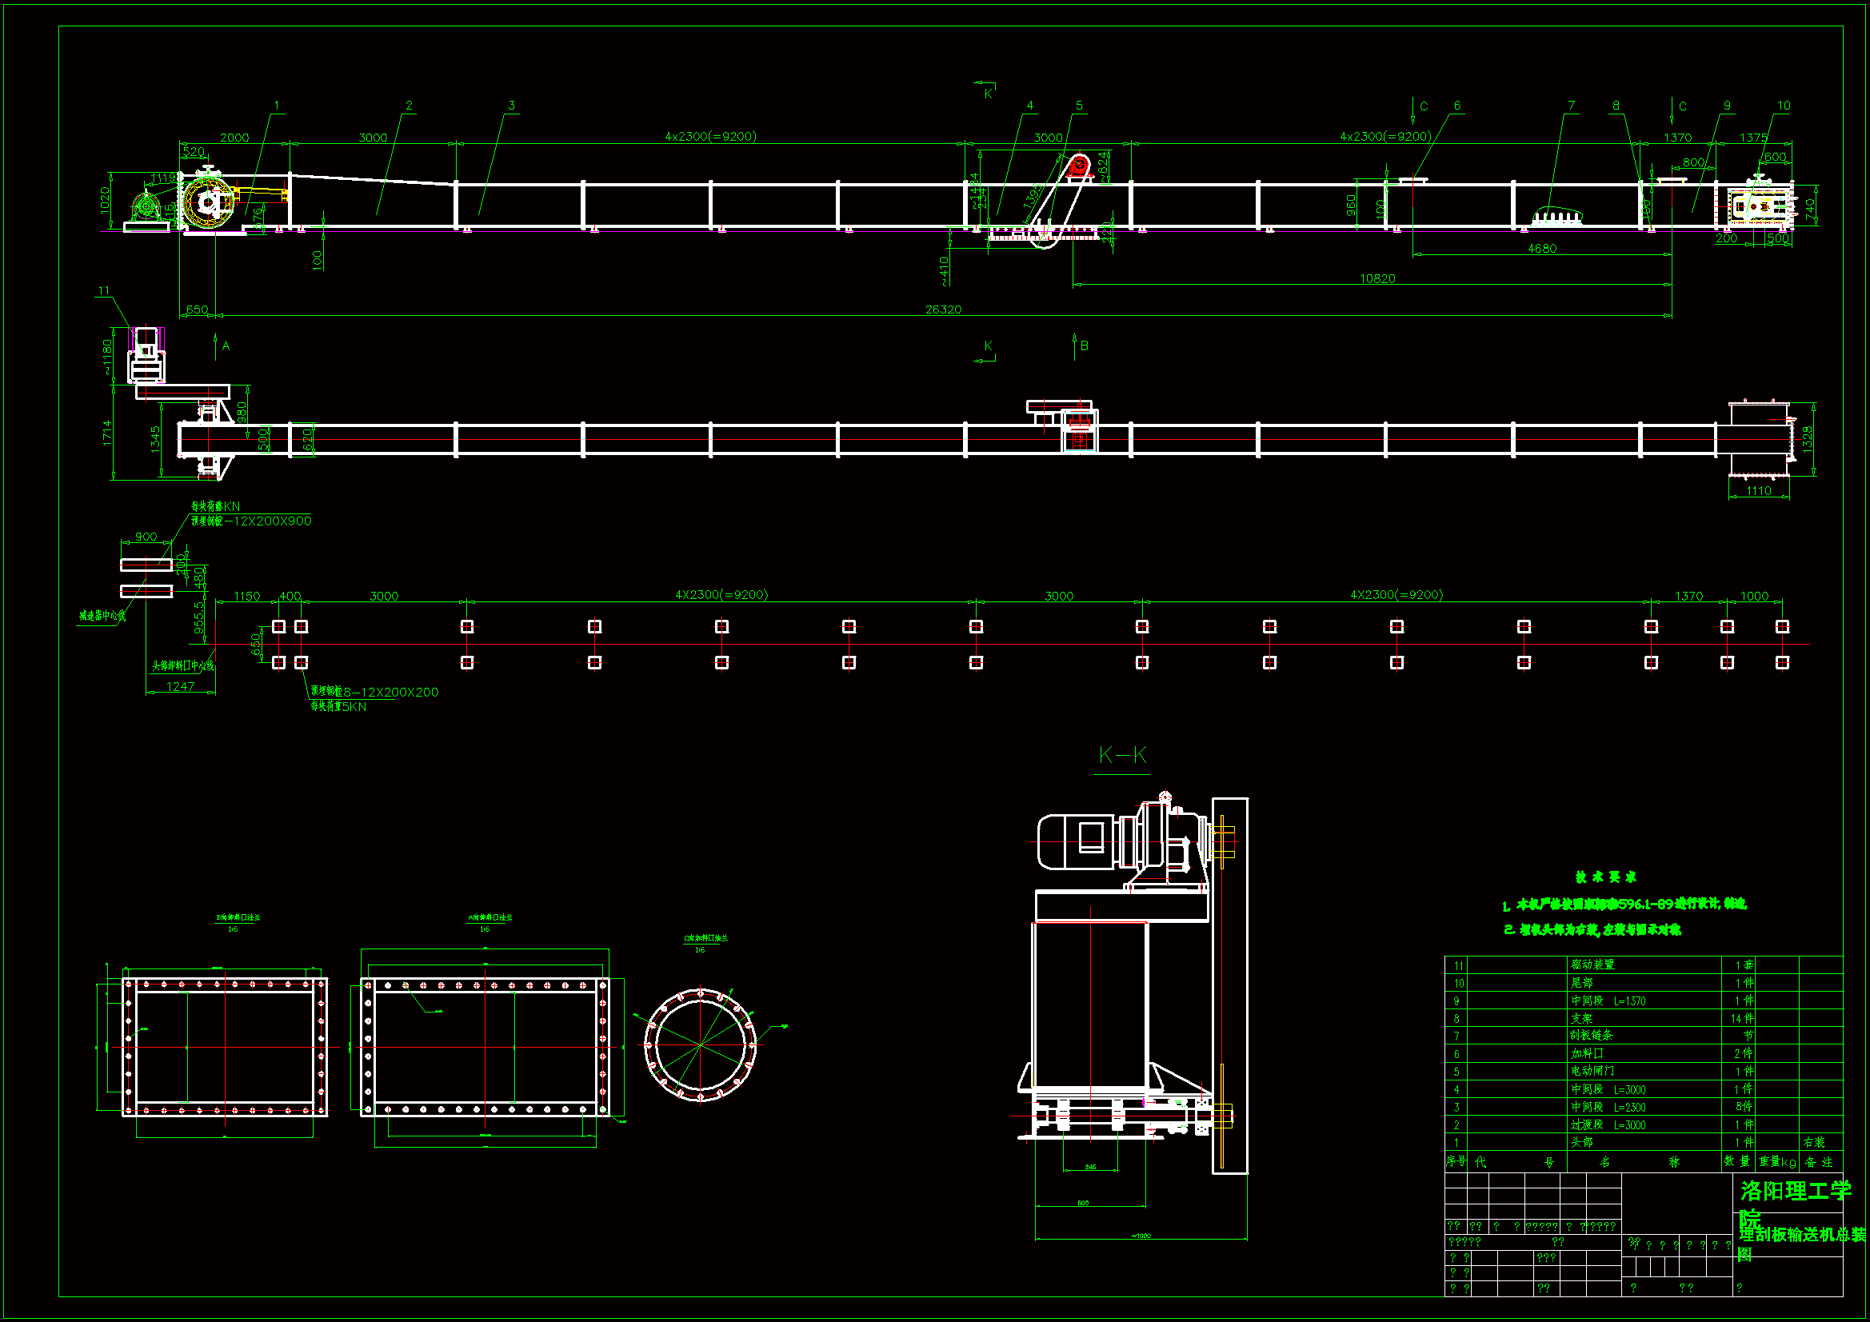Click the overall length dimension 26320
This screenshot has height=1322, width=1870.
click(942, 310)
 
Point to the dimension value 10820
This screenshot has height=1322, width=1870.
click(1377, 278)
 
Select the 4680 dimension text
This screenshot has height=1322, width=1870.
click(1541, 249)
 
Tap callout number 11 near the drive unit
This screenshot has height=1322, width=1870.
click(103, 291)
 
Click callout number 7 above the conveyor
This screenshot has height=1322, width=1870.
click(1571, 106)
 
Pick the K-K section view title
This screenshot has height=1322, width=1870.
click(1121, 755)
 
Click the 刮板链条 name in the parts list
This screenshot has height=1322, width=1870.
click(1592, 1035)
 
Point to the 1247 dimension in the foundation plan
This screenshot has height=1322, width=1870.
click(180, 687)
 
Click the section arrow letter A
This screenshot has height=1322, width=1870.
click(226, 346)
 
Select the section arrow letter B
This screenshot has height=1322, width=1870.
click(1084, 346)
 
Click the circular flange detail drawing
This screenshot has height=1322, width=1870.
click(700, 1044)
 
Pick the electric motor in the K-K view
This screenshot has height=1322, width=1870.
click(1075, 841)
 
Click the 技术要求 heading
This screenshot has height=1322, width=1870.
click(1605, 877)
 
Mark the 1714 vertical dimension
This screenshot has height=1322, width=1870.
click(106, 433)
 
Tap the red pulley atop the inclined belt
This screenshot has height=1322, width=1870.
click(1078, 166)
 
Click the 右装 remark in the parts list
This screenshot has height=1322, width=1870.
click(1814, 1142)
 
